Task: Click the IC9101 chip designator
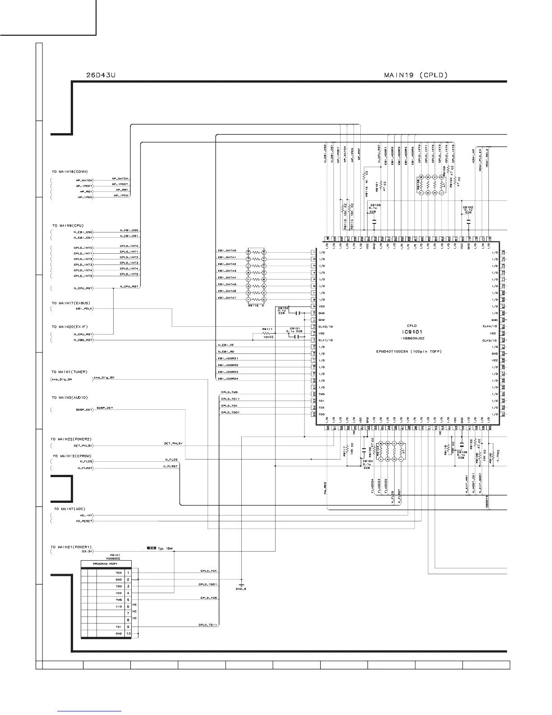[x=411, y=332]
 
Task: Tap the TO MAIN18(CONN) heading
[x=69, y=172]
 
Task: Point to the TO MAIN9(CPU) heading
[x=68, y=225]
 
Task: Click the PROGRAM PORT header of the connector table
[x=106, y=564]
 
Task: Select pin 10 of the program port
[x=128, y=634]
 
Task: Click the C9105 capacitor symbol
[x=374, y=221]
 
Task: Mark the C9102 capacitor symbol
[x=469, y=221]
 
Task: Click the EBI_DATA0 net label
[x=227, y=251]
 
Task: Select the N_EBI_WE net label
[x=226, y=345]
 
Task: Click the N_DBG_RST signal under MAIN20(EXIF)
[x=83, y=340]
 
